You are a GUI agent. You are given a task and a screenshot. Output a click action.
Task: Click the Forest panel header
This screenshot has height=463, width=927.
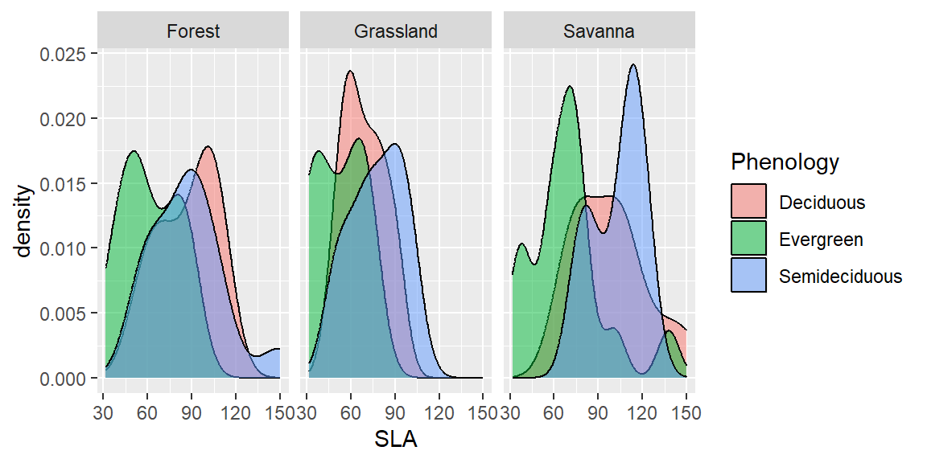[193, 32]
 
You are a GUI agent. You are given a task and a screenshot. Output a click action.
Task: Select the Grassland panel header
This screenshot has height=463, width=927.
[396, 32]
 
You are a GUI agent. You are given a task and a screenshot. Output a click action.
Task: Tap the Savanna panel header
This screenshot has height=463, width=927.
[599, 32]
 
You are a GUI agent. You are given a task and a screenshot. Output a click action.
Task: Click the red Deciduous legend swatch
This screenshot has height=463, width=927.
[749, 202]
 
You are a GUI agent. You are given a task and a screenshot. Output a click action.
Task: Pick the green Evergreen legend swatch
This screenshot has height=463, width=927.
[749, 239]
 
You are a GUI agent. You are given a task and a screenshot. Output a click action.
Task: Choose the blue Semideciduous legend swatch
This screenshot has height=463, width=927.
[749, 276]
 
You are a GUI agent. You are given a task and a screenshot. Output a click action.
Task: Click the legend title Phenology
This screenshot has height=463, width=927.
[785, 162]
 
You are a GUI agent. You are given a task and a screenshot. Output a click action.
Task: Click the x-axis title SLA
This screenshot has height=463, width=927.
[395, 440]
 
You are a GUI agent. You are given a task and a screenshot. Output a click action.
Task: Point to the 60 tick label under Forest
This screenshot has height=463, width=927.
[147, 413]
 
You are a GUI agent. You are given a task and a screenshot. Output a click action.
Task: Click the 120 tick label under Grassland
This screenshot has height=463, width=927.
[439, 413]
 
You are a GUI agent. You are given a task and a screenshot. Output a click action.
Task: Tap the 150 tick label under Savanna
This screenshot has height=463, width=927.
[686, 413]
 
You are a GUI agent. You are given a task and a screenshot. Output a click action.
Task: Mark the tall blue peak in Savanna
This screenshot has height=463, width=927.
[634, 65]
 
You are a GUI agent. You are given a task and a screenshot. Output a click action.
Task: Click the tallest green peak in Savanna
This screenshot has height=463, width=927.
[570, 87]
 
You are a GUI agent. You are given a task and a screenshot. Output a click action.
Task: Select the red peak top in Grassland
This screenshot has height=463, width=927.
[350, 72]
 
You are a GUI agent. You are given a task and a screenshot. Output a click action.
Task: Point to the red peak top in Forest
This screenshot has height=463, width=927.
[208, 147]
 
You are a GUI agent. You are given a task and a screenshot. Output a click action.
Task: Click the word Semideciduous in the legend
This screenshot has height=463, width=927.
[841, 277]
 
